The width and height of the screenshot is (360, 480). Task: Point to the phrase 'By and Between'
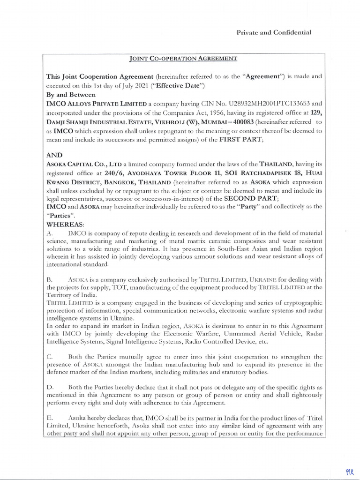pyautogui.click(x=70, y=95)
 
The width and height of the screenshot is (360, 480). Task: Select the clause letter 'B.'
pyautogui.click(x=50, y=279)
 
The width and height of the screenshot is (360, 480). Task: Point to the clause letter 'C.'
pyautogui.click(x=50, y=357)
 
